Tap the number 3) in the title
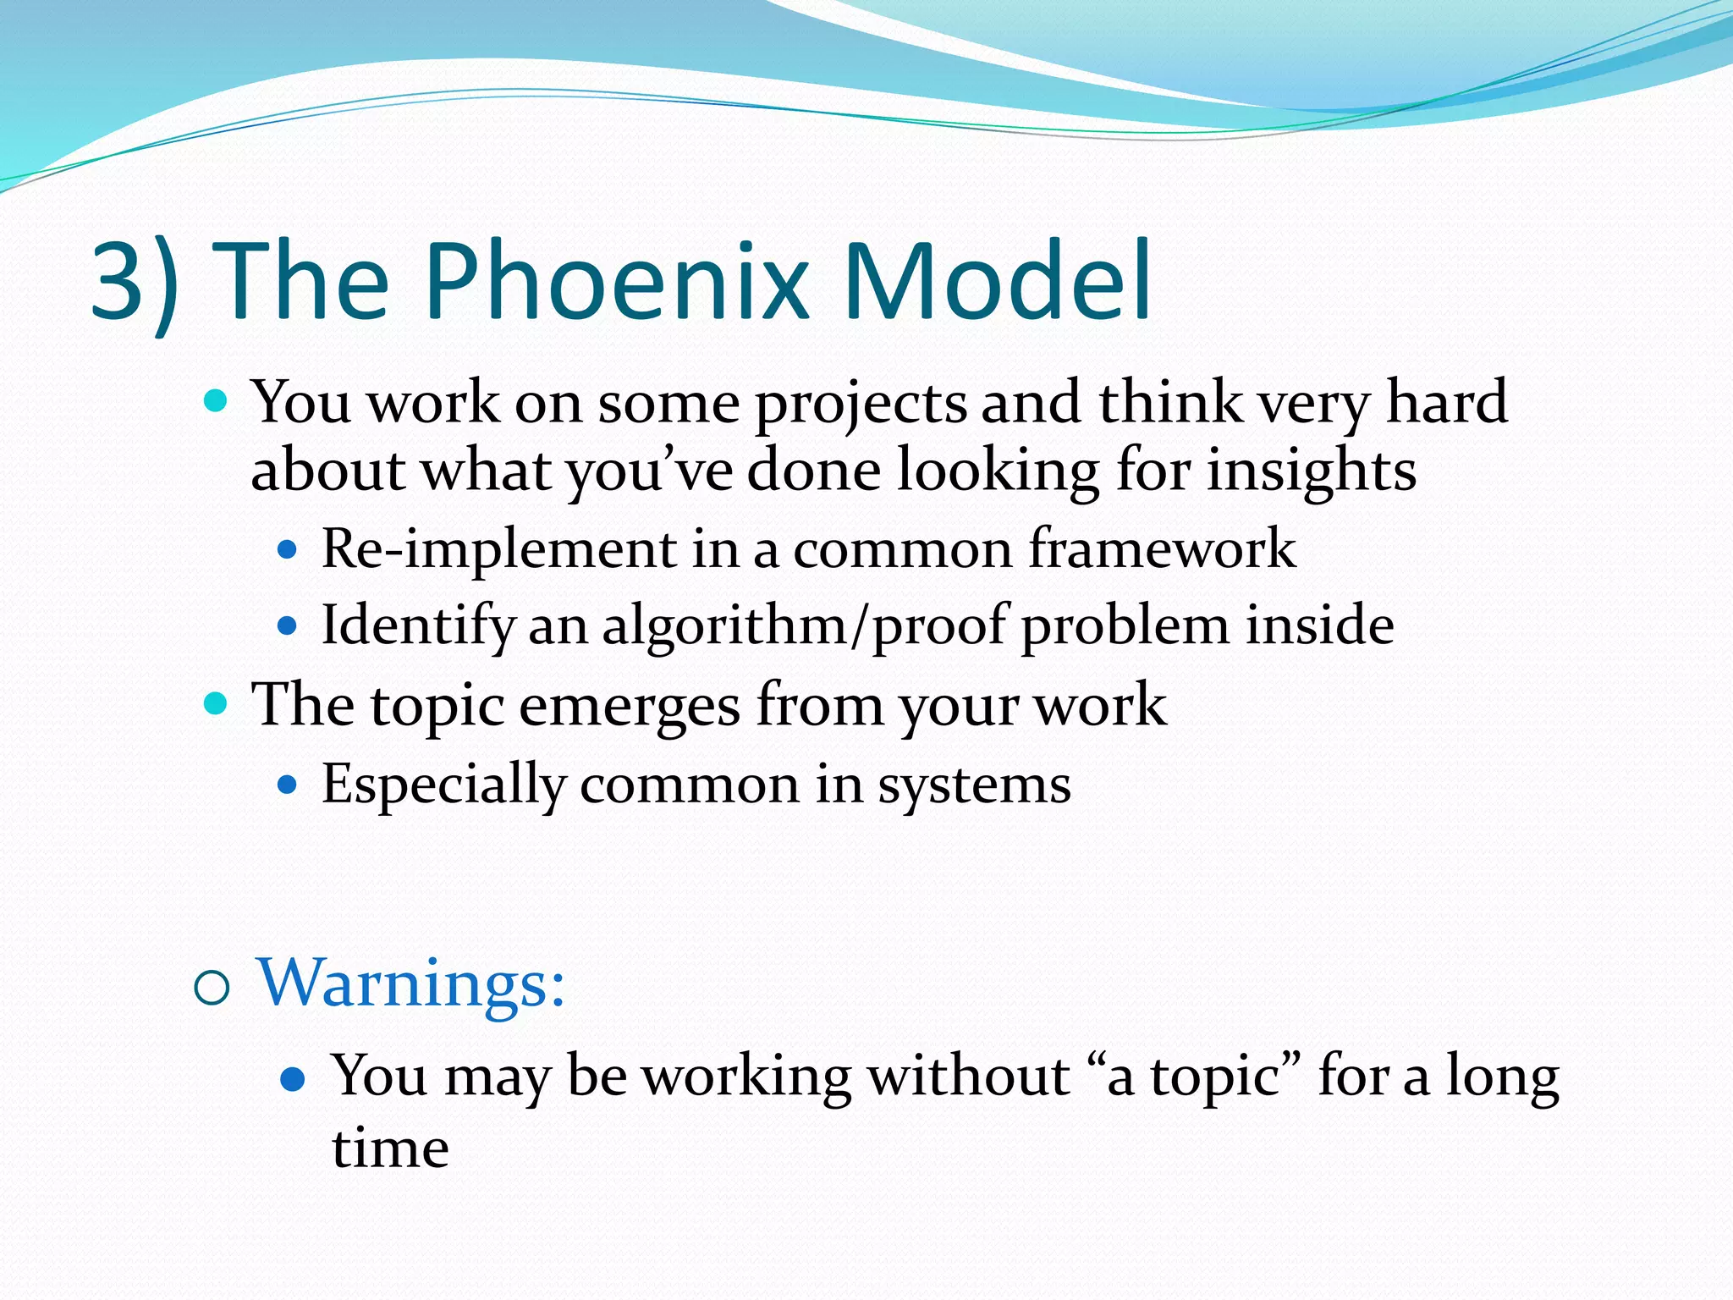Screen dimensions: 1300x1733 [135, 284]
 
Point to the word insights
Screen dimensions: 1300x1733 [1311, 472]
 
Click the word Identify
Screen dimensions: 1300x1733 [418, 626]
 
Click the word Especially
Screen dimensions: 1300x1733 [443, 785]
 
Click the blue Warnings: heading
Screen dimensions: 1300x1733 [411, 983]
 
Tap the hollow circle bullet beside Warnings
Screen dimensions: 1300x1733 [212, 989]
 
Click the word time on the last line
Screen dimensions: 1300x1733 [390, 1149]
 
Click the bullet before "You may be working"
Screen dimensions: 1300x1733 [292, 1080]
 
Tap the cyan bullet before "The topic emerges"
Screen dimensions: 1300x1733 [217, 702]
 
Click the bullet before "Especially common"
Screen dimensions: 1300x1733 [288, 785]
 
